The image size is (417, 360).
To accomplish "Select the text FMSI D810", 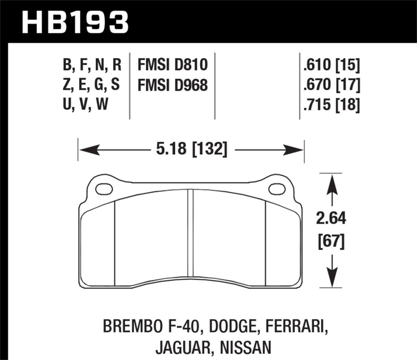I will pos(173,65).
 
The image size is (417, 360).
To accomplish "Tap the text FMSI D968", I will pos(173,85).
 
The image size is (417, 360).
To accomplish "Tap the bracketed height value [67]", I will pos(330,241).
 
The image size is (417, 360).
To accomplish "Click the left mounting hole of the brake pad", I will pos(105,188).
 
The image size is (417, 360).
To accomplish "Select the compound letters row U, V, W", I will pos(87,105).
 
